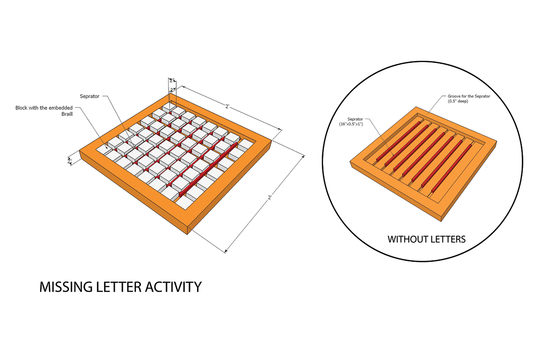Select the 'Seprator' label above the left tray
(x=89, y=96)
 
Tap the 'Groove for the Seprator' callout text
(x=468, y=96)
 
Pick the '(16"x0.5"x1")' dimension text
(x=353, y=123)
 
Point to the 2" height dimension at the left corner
(x=69, y=160)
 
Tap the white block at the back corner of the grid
(x=169, y=107)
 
